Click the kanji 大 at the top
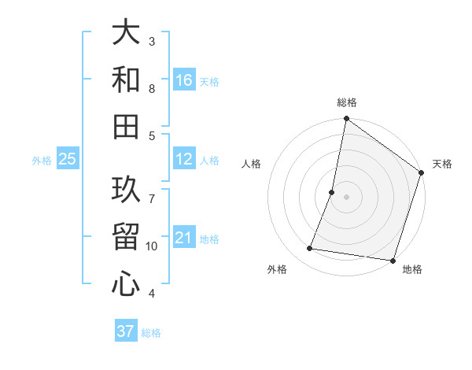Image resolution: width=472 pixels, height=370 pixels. (126, 35)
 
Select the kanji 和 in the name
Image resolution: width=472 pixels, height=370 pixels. (126, 80)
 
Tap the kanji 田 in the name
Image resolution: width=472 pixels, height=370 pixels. (126, 125)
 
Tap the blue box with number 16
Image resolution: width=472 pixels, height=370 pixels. (184, 80)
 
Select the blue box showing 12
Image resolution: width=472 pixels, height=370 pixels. (184, 159)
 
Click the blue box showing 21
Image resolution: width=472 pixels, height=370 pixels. (184, 238)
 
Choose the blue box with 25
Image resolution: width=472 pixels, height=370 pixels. (68, 159)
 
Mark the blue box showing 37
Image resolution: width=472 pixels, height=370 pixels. (126, 331)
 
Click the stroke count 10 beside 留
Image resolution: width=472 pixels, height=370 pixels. (153, 246)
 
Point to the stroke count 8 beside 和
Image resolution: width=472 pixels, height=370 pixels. (152, 89)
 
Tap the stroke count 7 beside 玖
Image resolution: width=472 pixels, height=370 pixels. (152, 190)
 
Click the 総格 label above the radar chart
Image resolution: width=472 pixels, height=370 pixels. (347, 102)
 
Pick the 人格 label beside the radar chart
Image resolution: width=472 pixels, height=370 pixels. (252, 164)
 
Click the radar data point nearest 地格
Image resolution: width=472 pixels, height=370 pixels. (393, 261)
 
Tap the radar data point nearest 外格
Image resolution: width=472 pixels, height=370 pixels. (310, 249)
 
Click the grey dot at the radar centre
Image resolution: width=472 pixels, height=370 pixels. (347, 197)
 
